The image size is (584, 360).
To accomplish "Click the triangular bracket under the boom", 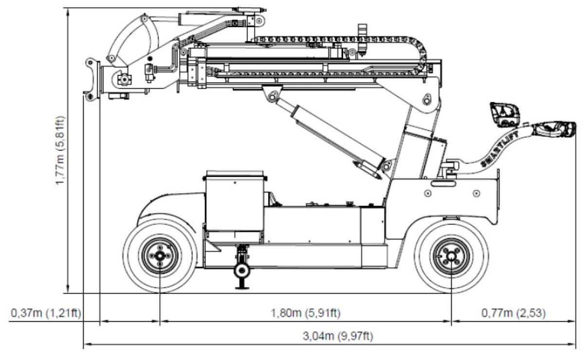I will point(272,93).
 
